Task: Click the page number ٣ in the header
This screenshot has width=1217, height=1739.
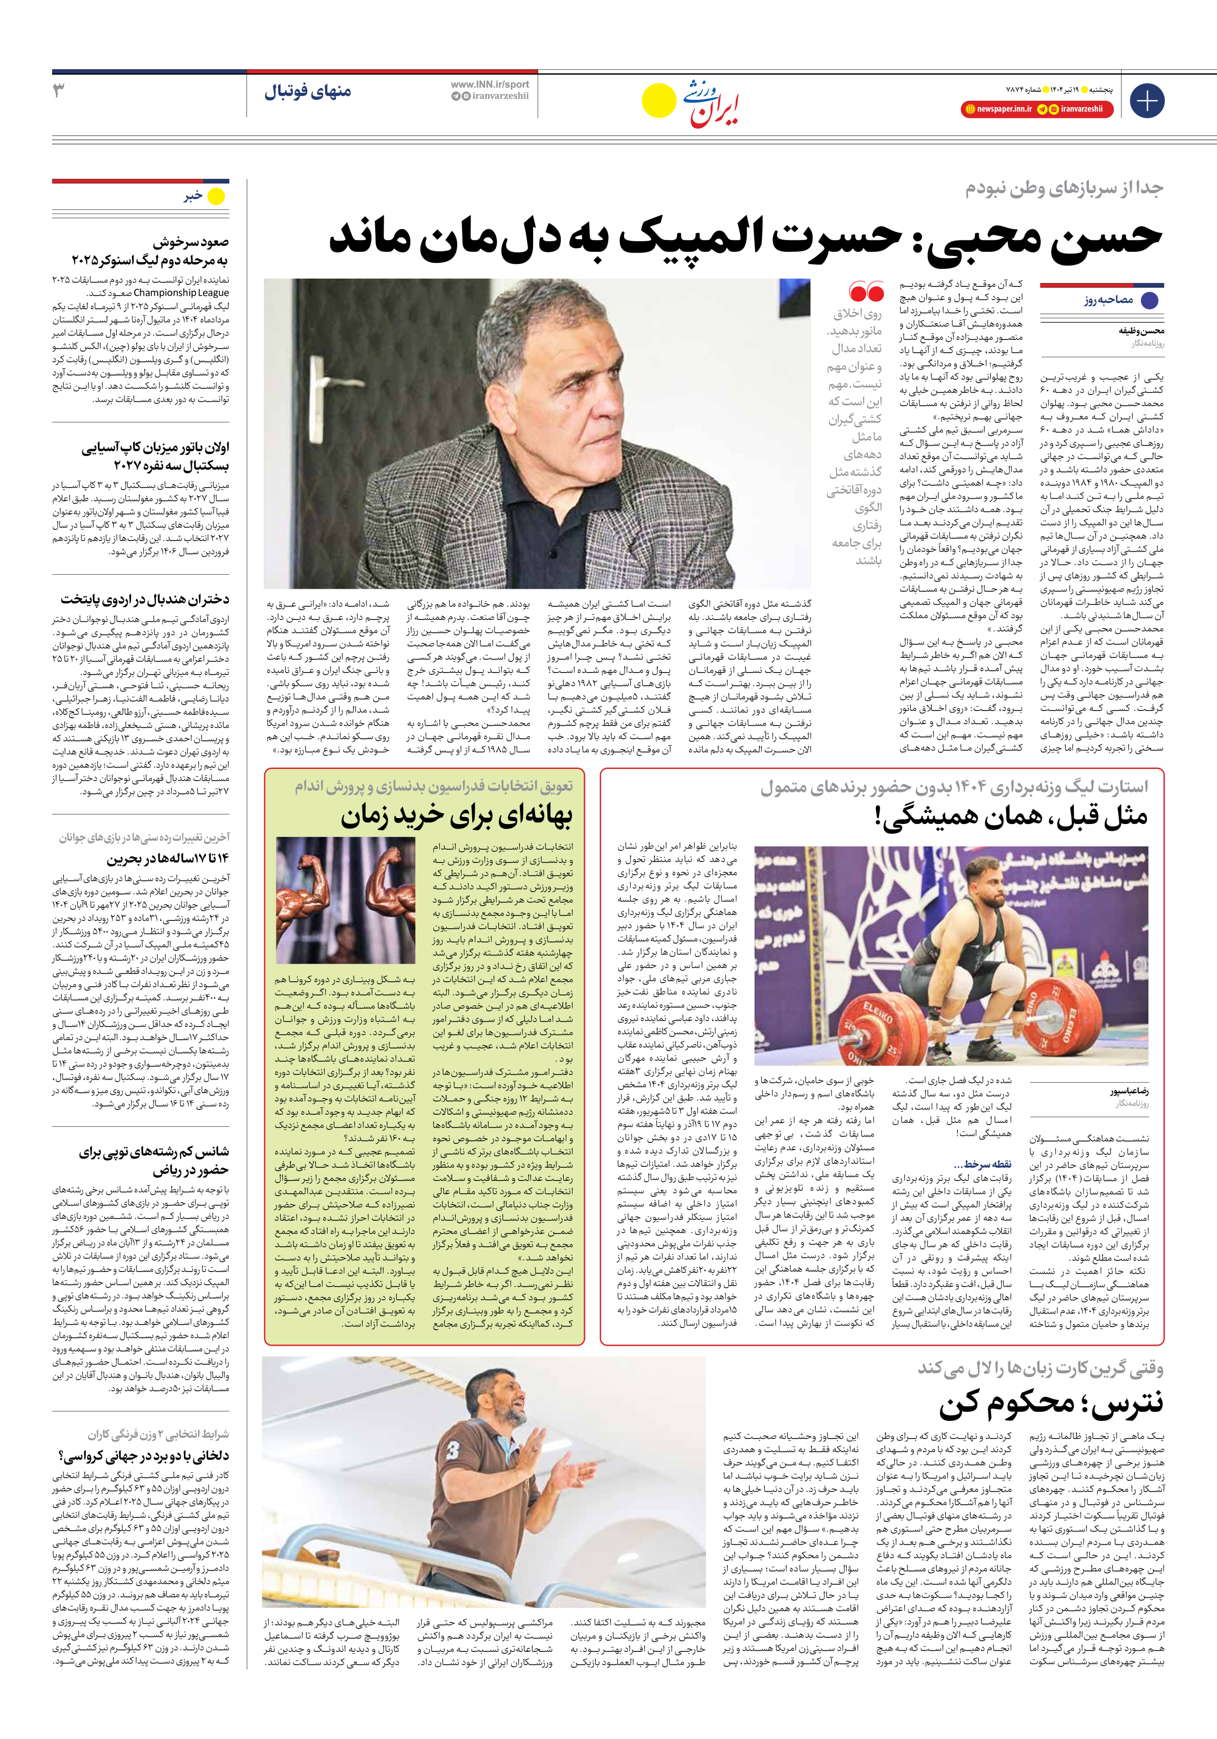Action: coord(58,91)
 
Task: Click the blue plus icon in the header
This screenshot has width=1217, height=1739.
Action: coord(1146,101)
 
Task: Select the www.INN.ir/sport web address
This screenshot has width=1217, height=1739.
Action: coord(490,85)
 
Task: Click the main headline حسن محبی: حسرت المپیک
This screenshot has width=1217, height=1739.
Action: coord(745,237)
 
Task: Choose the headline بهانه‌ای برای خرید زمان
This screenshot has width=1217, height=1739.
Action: coord(457,817)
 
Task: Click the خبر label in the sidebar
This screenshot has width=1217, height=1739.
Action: coord(193,196)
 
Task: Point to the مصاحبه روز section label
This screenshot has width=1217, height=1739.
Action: coord(1108,300)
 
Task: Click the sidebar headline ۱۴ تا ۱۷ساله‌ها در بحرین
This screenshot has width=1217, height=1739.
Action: coord(167,859)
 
